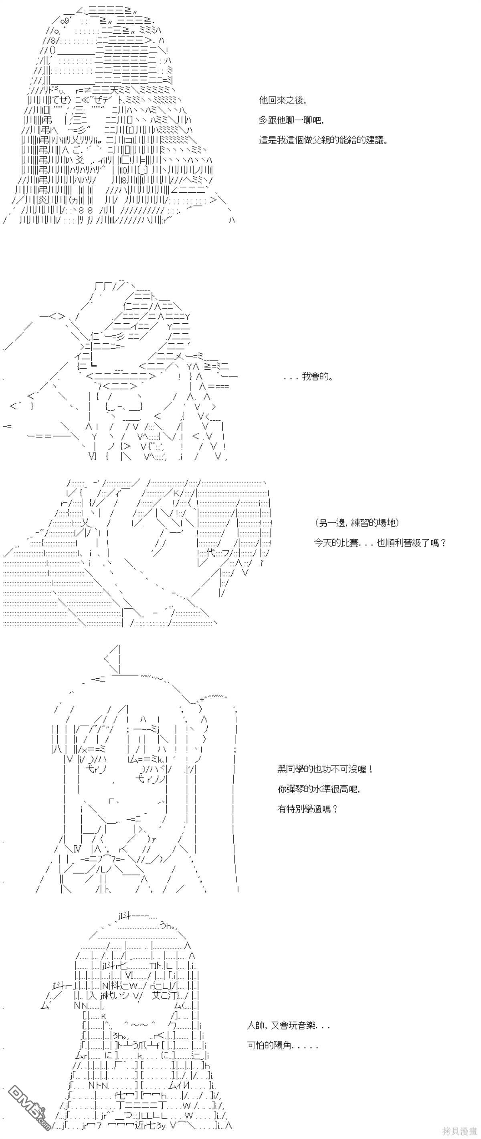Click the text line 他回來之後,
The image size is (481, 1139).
282,101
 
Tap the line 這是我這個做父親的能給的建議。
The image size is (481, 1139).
323,141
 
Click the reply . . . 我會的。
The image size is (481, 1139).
308,377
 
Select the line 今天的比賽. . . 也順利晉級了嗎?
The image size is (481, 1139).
380,542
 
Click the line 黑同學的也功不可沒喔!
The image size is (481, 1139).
325,769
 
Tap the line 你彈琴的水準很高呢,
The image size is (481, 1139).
319,789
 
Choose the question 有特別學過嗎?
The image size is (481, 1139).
308,809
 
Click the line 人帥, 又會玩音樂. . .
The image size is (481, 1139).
288,1025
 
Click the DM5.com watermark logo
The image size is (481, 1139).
26,1114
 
